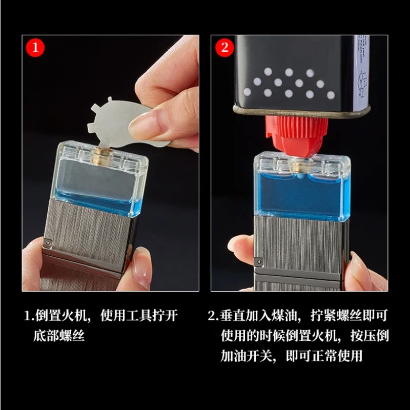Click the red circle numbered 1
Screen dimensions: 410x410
[35, 48]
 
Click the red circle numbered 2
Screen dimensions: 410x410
[225, 48]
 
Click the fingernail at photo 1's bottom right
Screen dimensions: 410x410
[140, 272]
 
